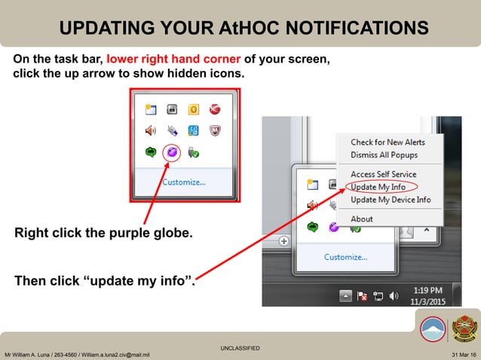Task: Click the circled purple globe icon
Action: coord(172,151)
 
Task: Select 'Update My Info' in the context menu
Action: coord(378,187)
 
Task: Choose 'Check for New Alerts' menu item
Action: coord(388,142)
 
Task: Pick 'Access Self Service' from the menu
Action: coord(383,174)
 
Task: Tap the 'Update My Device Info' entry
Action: coord(391,200)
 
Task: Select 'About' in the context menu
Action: coord(362,218)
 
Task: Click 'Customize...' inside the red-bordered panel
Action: coord(184,182)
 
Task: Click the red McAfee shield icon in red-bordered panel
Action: coord(214,130)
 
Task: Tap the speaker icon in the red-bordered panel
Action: coord(151,130)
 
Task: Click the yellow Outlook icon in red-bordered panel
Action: coord(193,110)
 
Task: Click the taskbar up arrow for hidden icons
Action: coord(345,296)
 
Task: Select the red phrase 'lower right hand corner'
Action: coord(173,59)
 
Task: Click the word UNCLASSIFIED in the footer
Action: coord(240,348)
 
